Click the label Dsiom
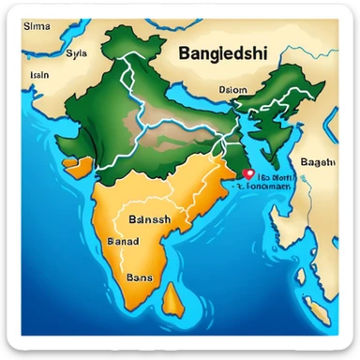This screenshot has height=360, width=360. pos(232,90)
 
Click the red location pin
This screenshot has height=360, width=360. pos(247,173)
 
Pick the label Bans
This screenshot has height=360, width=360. pos(138,278)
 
